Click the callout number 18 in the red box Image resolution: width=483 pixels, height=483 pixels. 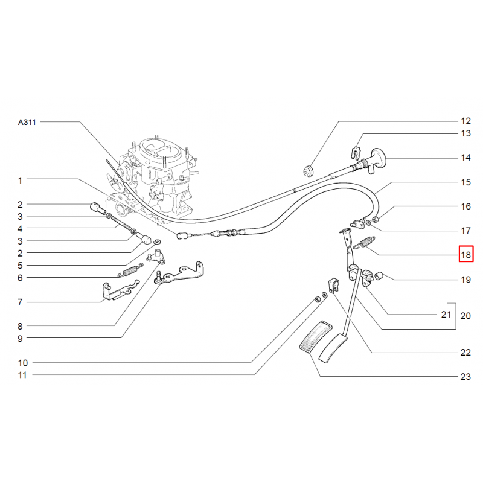click(465, 255)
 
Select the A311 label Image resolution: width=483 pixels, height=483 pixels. click(27, 122)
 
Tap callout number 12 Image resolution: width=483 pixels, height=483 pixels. click(465, 121)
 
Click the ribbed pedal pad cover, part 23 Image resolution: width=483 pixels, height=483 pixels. click(312, 341)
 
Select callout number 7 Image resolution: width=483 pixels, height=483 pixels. click(20, 301)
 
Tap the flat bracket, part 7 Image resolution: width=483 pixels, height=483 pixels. click(118, 293)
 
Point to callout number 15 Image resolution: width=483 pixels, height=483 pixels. click(465, 182)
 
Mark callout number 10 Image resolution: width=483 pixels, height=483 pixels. click(22, 363)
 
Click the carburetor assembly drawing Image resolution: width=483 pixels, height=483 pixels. click(154, 175)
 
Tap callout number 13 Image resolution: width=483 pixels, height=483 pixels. click(465, 133)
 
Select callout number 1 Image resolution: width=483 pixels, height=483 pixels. click(20, 180)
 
